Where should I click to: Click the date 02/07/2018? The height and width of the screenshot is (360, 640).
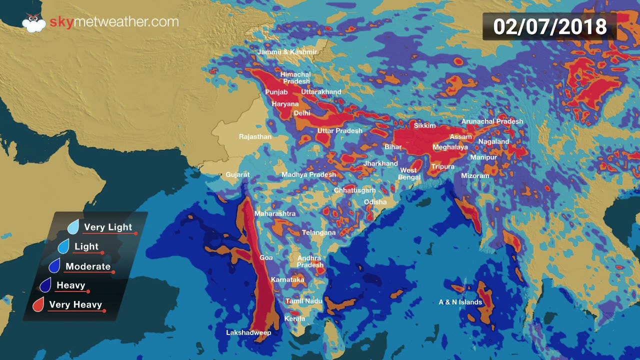549,26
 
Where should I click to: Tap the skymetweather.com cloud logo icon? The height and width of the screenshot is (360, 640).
33,23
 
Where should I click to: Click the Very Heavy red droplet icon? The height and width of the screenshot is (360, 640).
38,304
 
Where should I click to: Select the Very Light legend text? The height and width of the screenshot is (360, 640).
108,227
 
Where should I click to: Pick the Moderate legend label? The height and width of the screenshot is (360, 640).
88,266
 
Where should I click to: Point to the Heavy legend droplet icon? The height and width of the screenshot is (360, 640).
45,285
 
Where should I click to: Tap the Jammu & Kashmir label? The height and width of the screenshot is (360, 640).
287,52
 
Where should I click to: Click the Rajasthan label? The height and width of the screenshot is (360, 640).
255,136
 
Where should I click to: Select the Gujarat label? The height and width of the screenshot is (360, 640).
237,174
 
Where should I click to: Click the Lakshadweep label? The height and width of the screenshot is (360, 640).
248,332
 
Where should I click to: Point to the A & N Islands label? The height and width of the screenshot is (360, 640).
460,302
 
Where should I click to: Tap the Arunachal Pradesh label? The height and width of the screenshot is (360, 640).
492,121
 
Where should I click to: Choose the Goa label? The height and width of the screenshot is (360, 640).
266,257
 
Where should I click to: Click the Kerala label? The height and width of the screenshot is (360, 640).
294,318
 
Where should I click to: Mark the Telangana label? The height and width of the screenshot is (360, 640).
318,232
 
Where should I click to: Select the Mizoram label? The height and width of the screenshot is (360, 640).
475,176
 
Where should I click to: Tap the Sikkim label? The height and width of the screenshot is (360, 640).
425,125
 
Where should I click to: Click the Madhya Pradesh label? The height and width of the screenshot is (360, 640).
308,174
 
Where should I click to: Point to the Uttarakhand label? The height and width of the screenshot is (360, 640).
321,92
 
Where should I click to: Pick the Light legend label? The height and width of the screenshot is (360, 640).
86,246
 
